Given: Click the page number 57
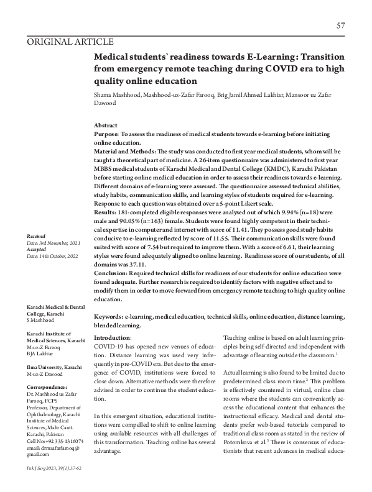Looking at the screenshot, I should [340, 25].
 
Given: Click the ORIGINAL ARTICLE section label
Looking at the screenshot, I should [70, 42].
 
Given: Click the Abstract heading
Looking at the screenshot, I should [106, 125].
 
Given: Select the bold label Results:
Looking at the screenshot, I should [106, 211].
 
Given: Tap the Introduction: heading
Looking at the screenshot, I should [112, 337].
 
